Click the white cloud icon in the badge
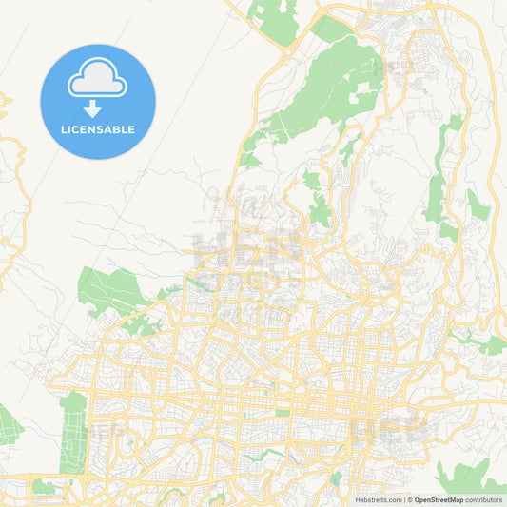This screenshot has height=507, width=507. tap(97, 82)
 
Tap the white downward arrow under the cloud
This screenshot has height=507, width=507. tap(92, 108)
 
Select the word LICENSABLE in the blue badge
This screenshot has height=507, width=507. tap(97, 129)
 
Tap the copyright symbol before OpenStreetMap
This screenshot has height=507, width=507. tap(410, 498)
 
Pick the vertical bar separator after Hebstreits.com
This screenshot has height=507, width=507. tap(403, 498)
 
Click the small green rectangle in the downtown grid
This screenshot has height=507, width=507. tap(283, 412)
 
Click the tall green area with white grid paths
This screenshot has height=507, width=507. tap(72, 433)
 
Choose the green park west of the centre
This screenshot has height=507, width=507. tap(109, 290)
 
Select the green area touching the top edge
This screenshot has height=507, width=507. tap(273, 14)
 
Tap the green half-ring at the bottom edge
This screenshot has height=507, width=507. tap(214, 498)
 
